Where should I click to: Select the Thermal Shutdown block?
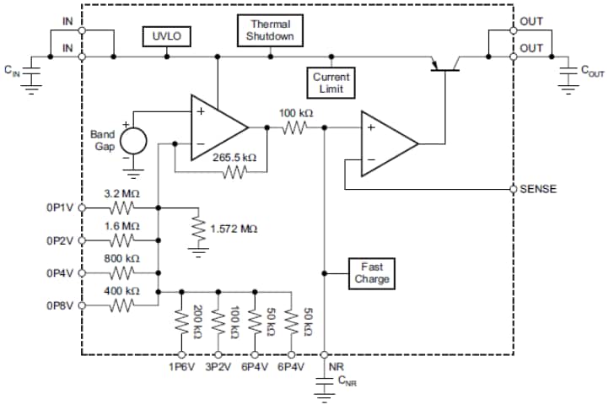pos(270,30)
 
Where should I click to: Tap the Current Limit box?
pos(331,83)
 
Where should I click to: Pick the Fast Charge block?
pos(372,272)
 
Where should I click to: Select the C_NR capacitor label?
pos(347,382)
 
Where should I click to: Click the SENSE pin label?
pos(539,189)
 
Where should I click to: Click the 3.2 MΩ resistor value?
pos(121,193)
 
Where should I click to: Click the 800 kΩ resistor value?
pos(122,258)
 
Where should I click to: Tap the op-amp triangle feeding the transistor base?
pos(384,143)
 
